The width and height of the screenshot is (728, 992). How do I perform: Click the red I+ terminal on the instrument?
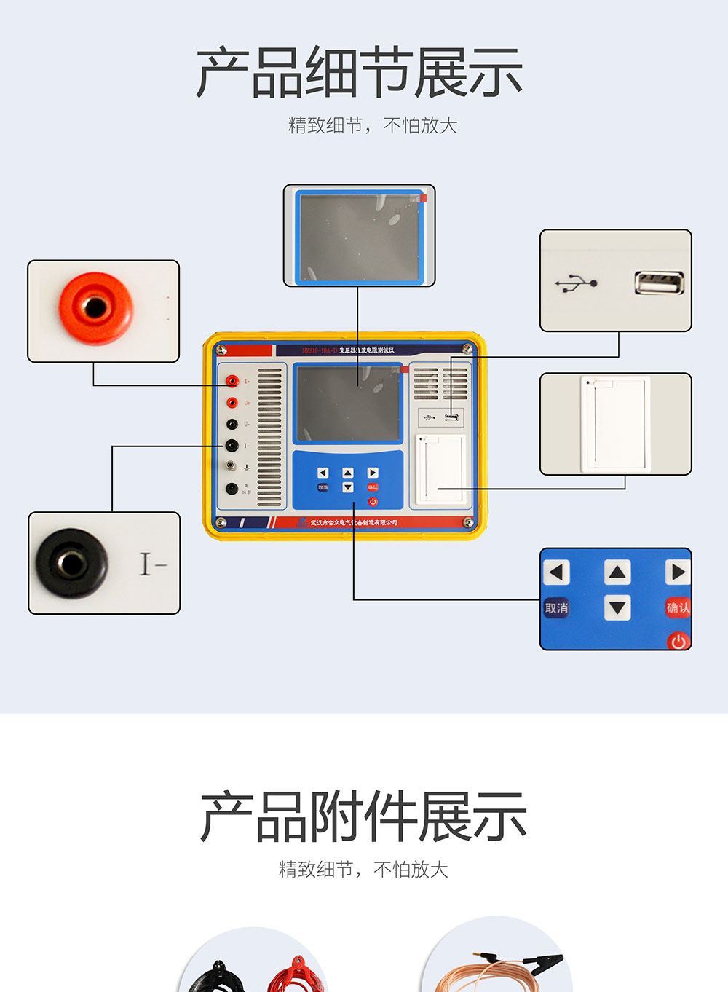[x=232, y=381]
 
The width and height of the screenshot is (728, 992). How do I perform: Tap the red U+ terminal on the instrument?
[x=232, y=403]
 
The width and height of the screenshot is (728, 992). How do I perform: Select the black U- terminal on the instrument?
[x=232, y=424]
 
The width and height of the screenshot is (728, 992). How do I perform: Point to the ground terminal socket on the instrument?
[x=231, y=465]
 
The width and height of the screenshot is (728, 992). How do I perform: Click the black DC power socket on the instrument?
[x=232, y=489]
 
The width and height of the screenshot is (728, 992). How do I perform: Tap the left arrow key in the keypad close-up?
[x=557, y=572]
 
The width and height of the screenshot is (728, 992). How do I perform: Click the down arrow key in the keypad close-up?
[x=617, y=607]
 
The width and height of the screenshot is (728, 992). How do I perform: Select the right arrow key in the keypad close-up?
[x=678, y=572]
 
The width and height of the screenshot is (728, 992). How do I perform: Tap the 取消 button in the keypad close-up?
[x=556, y=608]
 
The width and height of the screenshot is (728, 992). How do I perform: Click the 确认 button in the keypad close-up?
[x=678, y=607]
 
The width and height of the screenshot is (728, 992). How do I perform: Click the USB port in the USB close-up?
[x=659, y=283]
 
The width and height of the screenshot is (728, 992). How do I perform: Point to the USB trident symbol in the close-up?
[x=576, y=283]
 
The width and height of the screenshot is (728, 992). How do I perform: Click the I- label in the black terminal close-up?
[x=153, y=564]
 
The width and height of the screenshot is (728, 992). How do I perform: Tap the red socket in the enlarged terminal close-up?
[x=95, y=307]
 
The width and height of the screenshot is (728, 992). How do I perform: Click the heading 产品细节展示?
[x=360, y=73]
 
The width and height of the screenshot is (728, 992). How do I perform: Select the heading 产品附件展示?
[x=363, y=816]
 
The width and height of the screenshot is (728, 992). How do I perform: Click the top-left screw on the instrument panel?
[x=222, y=350]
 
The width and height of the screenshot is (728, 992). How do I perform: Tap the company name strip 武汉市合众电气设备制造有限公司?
[x=354, y=522]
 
